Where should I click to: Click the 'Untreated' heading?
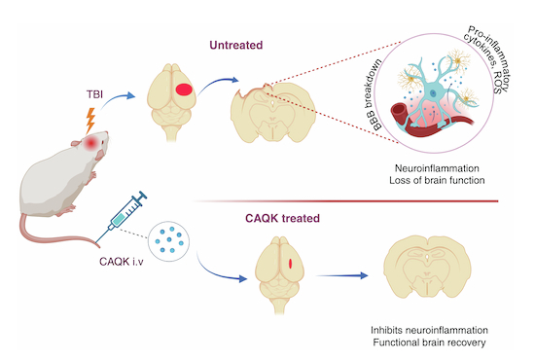236,45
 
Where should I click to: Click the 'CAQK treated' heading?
282,218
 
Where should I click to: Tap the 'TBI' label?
94,94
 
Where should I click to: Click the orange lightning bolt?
90,121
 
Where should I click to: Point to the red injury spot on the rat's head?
91,143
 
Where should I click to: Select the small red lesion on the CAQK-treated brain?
291,264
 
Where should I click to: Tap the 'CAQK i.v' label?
122,262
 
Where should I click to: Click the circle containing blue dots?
168,241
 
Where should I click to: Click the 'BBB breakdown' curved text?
377,94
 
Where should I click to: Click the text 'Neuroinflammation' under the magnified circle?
437,168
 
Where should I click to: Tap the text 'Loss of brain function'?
437,180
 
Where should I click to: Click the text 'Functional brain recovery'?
429,342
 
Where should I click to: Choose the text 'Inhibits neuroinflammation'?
429,330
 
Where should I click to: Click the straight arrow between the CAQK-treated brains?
342,275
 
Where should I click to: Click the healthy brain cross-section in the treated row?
427,267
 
